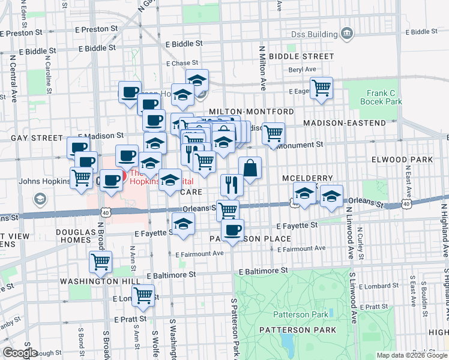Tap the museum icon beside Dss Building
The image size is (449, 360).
tap(347, 31)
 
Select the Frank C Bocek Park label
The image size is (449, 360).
tap(384, 97)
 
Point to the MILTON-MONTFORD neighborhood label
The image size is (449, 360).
tap(252, 112)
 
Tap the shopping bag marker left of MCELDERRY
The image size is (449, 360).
tap(250, 168)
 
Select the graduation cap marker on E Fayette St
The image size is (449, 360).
tap(182, 224)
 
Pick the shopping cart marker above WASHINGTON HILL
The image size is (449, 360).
tap(100, 262)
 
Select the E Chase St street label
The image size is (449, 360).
tap(182, 63)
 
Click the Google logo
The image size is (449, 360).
tap(20, 353)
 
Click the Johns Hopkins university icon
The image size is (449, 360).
tap(40, 198)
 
